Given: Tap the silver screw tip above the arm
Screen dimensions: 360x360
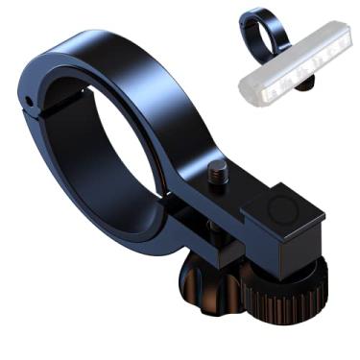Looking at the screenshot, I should (218, 172).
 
